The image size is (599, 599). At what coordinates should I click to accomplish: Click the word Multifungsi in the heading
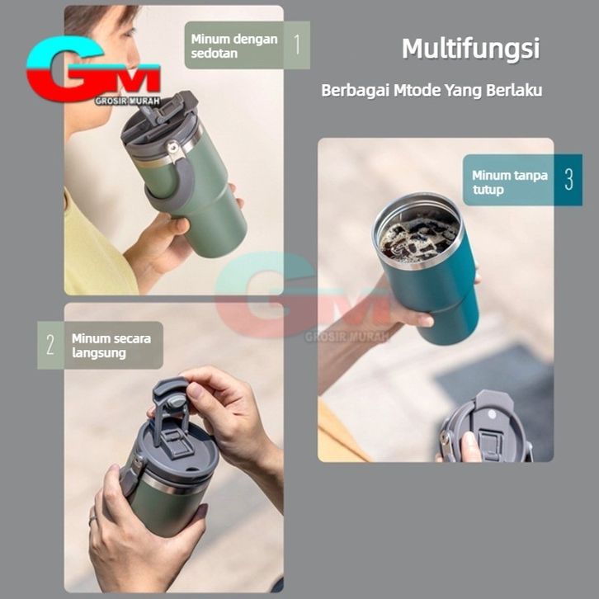470,49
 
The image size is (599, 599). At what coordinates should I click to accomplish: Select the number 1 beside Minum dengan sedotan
297,45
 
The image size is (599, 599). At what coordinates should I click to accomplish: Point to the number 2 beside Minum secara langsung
50,345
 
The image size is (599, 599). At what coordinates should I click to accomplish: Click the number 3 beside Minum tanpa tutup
568,179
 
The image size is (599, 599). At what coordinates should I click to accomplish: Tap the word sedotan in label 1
215,54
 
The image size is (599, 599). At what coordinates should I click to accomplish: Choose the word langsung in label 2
99,353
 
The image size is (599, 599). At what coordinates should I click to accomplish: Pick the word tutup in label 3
488,190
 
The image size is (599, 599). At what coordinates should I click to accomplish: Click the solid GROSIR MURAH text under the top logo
127,101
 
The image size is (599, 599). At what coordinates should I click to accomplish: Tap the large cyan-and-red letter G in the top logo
65,68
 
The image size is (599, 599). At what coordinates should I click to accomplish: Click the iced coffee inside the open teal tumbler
419,236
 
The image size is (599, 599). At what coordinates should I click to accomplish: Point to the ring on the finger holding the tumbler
93,521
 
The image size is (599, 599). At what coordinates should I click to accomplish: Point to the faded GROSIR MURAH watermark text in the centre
347,337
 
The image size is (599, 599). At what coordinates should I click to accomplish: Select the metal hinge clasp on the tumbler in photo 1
172,150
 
